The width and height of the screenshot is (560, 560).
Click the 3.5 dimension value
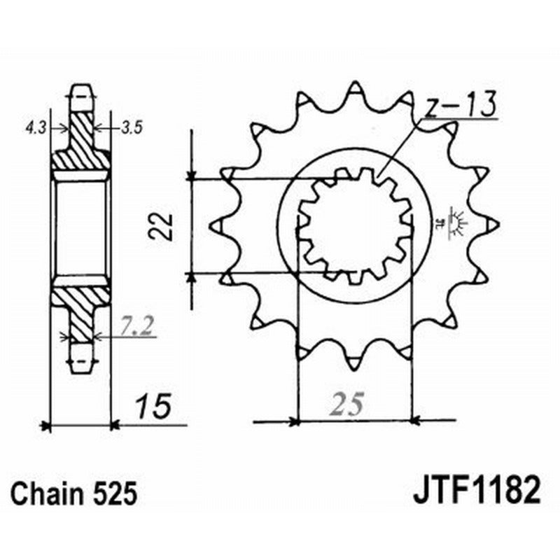[x=132, y=128]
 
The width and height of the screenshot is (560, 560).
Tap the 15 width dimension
[x=150, y=408]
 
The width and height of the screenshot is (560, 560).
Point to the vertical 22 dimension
[x=160, y=227]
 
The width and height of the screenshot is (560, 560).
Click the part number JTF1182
[x=476, y=492]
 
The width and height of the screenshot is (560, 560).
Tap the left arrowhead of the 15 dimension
[x=47, y=424]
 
